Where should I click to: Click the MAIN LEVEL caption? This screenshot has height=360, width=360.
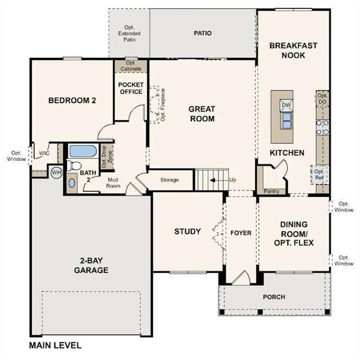(x=55, y=346)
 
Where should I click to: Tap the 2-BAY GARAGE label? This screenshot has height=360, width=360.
(x=92, y=265)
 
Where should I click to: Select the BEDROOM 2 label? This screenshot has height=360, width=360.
(x=73, y=101)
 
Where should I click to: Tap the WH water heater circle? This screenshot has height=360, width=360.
(x=56, y=172)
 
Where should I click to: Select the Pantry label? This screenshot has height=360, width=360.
(x=272, y=191)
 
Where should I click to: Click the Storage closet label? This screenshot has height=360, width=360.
(x=169, y=179)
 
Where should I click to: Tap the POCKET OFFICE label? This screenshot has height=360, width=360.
(x=130, y=88)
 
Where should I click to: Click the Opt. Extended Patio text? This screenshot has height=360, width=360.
(x=129, y=34)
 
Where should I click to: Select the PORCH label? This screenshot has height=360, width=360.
(x=274, y=297)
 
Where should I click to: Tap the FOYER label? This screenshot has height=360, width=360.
(x=241, y=233)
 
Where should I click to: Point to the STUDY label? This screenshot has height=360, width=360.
(x=187, y=232)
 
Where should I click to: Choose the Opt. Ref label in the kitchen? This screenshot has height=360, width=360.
(x=320, y=175)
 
